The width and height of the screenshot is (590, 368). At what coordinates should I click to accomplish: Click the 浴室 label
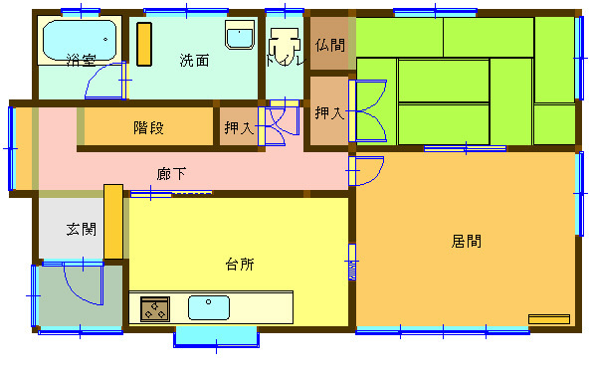coord(82,60)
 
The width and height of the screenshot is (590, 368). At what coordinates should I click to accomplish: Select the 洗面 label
coord(194,60)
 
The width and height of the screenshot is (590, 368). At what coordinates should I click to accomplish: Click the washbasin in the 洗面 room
coord(239,36)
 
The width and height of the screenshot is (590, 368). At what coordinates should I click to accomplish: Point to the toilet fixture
coord(286,46)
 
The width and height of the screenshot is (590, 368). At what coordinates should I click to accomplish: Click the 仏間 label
coord(330,45)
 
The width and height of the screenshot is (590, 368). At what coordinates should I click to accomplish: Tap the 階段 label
coord(148,127)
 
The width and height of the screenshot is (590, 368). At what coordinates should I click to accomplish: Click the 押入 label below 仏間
coord(329,113)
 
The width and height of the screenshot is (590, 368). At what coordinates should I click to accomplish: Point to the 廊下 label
coord(171,174)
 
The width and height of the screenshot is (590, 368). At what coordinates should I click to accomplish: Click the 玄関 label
coord(82,229)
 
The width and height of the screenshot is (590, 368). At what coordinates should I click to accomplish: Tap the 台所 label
coord(239,265)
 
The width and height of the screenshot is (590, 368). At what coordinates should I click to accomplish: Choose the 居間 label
coord(466,240)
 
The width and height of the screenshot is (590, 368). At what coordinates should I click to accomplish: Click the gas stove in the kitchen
coord(155,309)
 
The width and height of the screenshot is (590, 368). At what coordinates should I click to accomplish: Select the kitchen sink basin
coord(209,307)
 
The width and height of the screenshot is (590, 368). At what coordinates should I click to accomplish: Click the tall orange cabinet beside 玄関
coord(112,222)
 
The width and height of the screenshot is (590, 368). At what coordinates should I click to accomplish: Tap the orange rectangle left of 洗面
coord(145,44)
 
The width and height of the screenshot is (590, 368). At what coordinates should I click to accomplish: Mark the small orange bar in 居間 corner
coord(549,319)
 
